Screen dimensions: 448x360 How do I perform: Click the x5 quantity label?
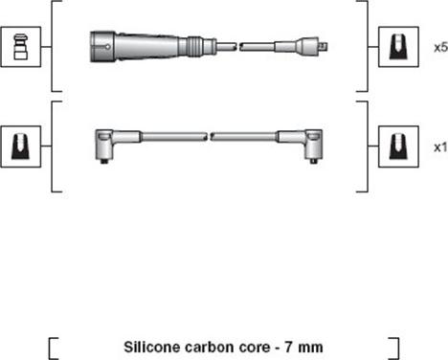[441, 48]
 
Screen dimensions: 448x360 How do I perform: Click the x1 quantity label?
[440, 147]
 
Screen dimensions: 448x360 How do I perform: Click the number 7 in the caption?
[288, 348]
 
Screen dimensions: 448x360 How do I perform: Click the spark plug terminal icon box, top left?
[21, 47]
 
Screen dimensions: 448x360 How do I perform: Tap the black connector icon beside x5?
[398, 47]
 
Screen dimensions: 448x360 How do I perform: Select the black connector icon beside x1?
[398, 146]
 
